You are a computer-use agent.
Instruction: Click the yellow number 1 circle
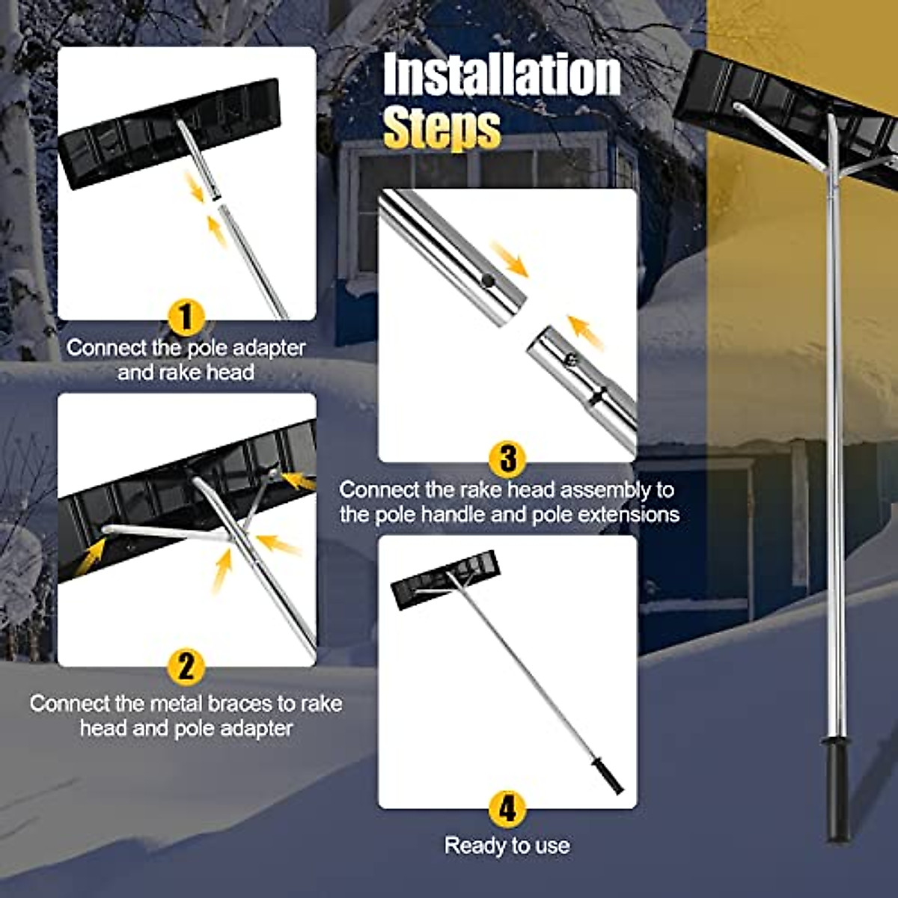(x=186, y=317)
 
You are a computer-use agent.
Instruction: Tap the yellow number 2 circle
(x=186, y=665)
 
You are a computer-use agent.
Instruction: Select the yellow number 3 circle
(x=507, y=458)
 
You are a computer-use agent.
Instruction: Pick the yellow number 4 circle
(x=507, y=809)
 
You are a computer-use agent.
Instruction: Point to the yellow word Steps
(x=442, y=129)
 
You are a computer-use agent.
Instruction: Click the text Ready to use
(x=507, y=846)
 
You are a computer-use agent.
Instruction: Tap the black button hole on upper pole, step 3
(x=487, y=280)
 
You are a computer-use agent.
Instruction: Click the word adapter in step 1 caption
(x=269, y=348)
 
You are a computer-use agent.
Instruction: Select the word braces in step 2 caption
(x=251, y=703)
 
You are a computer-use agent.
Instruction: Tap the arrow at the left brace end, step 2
(x=92, y=555)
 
